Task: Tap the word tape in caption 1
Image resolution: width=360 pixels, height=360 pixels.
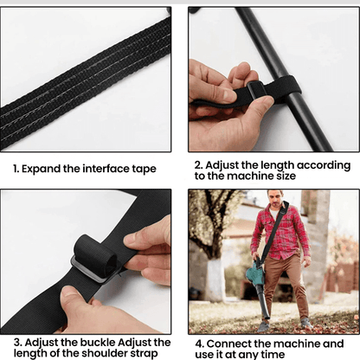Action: (143, 170)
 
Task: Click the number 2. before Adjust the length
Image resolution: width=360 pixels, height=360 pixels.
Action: (198, 164)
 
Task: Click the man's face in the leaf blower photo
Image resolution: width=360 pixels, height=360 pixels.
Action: (275, 200)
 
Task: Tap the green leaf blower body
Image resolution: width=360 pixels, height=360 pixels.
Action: (256, 274)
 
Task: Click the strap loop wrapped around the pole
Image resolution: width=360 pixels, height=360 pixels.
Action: (260, 90)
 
